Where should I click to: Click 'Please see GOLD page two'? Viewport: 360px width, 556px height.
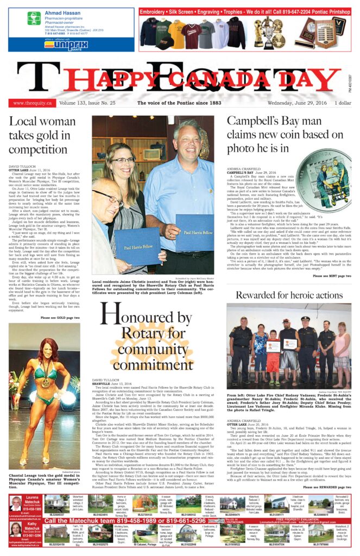tap(60, 317)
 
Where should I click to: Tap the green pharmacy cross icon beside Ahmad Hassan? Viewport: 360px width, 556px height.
tap(34, 19)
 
